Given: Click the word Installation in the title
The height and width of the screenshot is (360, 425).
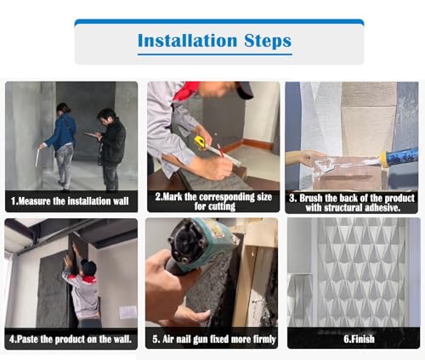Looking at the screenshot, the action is (x=187, y=41).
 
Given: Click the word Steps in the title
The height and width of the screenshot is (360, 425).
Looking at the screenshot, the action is (x=268, y=42).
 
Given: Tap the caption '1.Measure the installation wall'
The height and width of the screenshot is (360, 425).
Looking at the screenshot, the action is (x=70, y=201).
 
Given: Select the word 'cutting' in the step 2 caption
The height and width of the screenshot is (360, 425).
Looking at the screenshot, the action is (x=215, y=206).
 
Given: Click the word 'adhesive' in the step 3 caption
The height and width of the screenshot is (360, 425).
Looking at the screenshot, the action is (x=382, y=208).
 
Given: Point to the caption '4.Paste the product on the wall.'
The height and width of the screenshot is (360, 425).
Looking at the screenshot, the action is (x=71, y=339).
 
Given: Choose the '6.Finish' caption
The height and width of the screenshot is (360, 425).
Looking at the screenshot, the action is (x=359, y=339).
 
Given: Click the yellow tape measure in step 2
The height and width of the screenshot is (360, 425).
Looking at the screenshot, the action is (x=201, y=142).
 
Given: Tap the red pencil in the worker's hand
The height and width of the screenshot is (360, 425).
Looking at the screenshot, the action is (x=220, y=150).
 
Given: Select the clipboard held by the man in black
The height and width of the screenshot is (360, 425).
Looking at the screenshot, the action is (x=92, y=135).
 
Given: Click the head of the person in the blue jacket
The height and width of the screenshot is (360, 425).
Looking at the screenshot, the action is (x=63, y=108).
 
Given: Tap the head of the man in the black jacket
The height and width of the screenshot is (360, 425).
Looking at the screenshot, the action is (x=106, y=116).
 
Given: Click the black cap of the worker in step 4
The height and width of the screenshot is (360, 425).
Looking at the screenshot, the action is (x=89, y=267).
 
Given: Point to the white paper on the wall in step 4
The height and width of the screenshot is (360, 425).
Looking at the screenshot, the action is (x=128, y=312).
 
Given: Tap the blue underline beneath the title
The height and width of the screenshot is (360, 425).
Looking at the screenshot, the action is (x=215, y=54).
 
